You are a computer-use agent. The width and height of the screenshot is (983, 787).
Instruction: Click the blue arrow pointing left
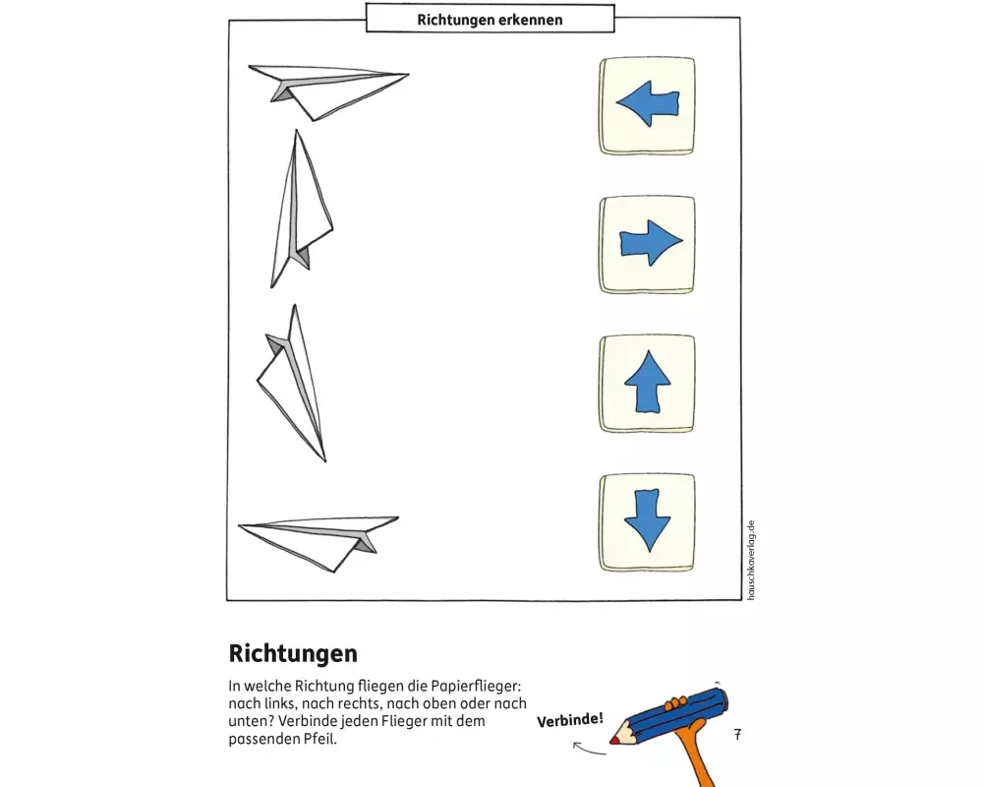[x=647, y=103]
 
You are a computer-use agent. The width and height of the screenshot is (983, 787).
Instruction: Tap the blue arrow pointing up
[x=648, y=383]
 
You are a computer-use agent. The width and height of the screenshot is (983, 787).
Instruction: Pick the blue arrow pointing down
[x=647, y=521]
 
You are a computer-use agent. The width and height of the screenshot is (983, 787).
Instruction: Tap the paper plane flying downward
[x=293, y=384]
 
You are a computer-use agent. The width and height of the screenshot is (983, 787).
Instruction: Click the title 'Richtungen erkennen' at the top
[x=490, y=19]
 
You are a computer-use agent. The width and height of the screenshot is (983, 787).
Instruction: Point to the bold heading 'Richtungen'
[x=293, y=653]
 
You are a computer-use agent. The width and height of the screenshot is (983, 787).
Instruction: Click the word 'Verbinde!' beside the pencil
[x=569, y=720]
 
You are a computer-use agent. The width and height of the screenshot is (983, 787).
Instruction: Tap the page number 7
[x=737, y=735]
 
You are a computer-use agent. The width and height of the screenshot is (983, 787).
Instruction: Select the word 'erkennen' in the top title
[x=531, y=19]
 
